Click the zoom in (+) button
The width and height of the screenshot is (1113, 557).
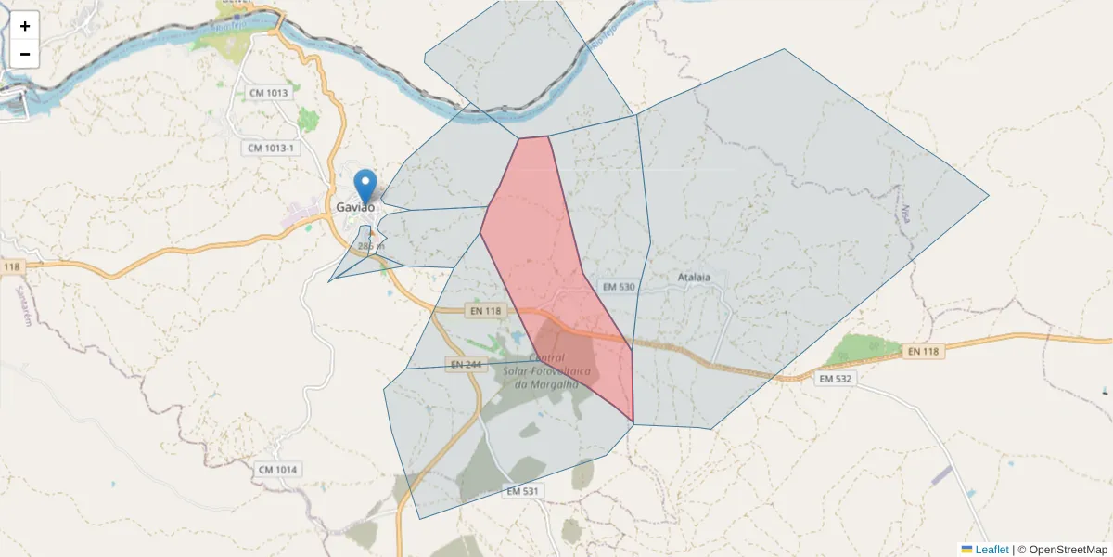pyautogui.click(x=25, y=26)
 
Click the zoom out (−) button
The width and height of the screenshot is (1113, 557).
pyautogui.click(x=25, y=54)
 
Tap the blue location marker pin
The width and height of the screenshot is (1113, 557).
pyautogui.click(x=367, y=186)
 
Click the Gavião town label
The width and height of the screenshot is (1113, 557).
pyautogui.click(x=355, y=207)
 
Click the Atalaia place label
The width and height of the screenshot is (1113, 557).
pyautogui.click(x=694, y=277)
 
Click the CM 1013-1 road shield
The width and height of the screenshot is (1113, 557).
pyautogui.click(x=271, y=149)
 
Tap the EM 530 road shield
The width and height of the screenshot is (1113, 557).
pyautogui.click(x=616, y=287)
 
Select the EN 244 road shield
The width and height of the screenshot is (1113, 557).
pyautogui.click(x=466, y=365)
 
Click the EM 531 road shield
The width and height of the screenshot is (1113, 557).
pyautogui.click(x=524, y=490)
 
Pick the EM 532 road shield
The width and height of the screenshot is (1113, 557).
pyautogui.click(x=835, y=379)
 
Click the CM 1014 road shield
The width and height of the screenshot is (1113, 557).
pyautogui.click(x=278, y=470)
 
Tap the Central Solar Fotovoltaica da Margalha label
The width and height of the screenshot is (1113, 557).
pyautogui.click(x=547, y=371)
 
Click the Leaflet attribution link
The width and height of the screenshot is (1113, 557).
pyautogui.click(x=991, y=550)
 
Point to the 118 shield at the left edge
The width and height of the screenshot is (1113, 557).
pyautogui.click(x=11, y=267)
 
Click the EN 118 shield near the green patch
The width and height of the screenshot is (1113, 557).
pyautogui.click(x=923, y=351)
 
